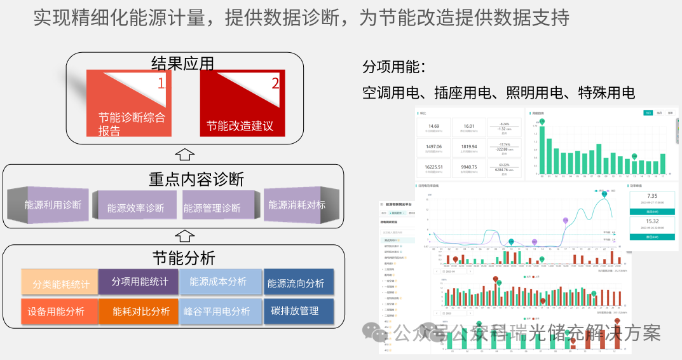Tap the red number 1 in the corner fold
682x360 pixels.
tap(161, 83)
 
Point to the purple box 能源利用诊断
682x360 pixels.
tap(53, 205)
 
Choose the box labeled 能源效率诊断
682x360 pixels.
tap(135, 207)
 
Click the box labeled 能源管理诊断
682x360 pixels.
tap(212, 207)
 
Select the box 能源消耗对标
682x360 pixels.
tap(296, 205)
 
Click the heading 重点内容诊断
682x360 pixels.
tap(196, 179)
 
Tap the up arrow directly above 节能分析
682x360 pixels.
tap(183, 236)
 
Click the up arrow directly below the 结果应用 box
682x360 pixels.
tap(184, 154)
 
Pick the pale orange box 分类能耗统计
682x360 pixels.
tap(60, 284)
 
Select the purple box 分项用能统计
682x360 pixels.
tap(140, 281)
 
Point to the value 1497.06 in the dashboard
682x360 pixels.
tap(434, 146)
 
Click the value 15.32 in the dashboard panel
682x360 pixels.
tap(651, 221)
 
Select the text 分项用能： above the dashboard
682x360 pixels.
tap(393, 67)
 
